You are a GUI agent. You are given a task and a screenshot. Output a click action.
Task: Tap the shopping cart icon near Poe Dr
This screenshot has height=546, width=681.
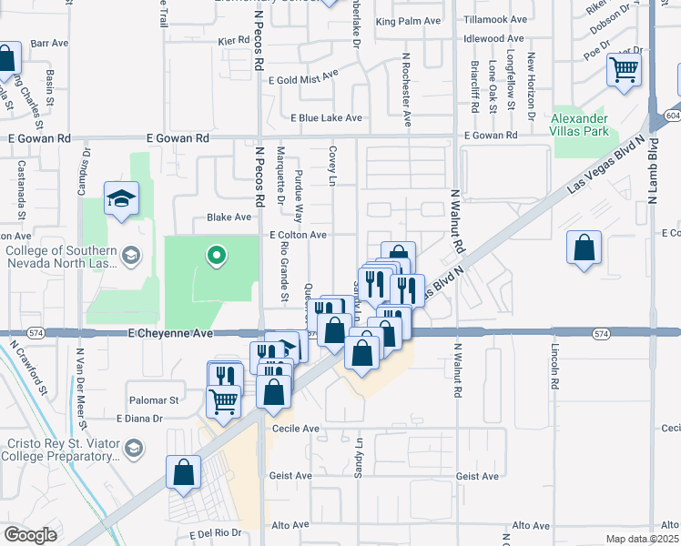coord(624,69)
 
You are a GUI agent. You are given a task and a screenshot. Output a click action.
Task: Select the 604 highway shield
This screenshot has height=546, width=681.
coord(672,116)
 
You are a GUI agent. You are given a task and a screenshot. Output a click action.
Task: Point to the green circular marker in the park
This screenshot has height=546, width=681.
coord(216,257)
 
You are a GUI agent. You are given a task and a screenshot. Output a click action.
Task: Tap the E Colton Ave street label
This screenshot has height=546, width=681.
coord(298,235)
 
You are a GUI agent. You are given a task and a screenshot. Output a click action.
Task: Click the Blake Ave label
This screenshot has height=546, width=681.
coord(229,217)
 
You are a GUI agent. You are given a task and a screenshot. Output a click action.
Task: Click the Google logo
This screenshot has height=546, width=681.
coord(30,535)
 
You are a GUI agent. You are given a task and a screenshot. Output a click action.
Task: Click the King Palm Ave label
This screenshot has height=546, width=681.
coord(408,21)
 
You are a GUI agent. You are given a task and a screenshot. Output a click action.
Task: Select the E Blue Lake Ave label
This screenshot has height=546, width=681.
coord(326,118)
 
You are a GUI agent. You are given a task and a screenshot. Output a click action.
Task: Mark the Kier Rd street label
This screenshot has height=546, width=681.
coord(234,41)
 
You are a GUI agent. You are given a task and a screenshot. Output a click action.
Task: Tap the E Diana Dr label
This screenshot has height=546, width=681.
coord(138,419)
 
